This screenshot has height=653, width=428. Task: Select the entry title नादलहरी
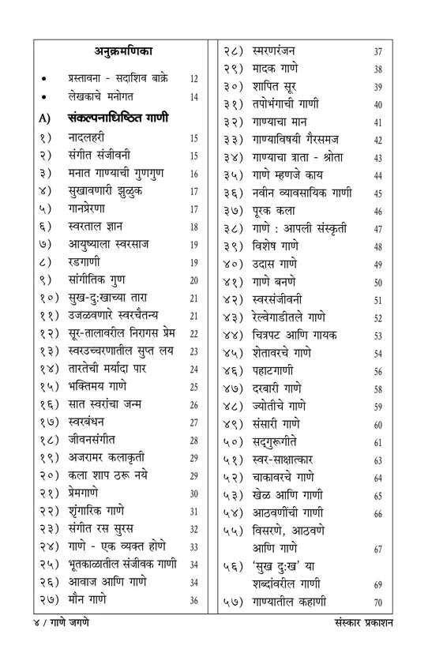[x=88, y=138]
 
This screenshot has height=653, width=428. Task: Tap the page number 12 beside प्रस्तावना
[x=194, y=80]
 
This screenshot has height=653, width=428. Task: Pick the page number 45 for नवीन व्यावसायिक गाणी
[x=378, y=193]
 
